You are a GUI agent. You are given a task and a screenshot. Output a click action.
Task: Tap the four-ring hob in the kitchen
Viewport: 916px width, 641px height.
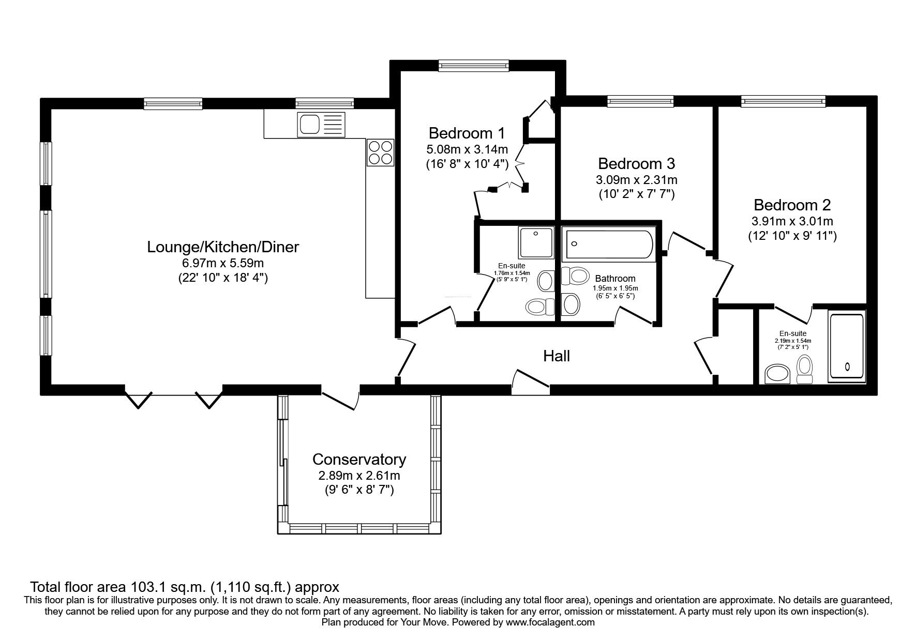(x=381, y=152)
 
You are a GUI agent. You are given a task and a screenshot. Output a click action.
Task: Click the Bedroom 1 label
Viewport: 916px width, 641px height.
(x=467, y=133)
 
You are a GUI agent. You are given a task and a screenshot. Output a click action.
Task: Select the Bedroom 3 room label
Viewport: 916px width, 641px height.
(x=636, y=164)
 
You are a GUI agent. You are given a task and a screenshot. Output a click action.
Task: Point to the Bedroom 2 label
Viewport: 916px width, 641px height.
(x=792, y=205)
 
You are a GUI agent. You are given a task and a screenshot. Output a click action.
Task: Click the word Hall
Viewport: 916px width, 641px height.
(x=557, y=356)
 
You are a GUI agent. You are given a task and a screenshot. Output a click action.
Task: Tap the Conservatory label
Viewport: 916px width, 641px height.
(x=359, y=459)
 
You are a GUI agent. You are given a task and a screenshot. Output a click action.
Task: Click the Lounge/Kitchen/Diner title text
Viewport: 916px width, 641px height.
(x=223, y=247)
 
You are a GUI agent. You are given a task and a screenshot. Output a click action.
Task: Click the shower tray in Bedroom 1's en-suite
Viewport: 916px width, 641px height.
(x=535, y=243)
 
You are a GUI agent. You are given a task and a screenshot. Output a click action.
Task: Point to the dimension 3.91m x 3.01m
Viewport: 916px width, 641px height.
(x=792, y=222)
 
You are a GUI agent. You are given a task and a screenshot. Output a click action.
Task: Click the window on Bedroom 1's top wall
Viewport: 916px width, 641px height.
(x=473, y=65)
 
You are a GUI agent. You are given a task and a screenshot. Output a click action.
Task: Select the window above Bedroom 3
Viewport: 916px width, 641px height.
(x=640, y=101)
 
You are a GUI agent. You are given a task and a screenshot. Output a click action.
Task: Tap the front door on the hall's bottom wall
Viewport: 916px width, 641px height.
(x=531, y=380)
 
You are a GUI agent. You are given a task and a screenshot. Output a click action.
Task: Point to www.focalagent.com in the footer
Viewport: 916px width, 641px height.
(x=550, y=622)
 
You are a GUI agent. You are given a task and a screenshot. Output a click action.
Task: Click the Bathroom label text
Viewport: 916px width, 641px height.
(x=615, y=279)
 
